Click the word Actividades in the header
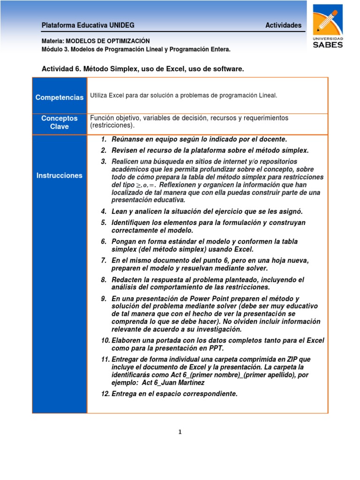pos(283,25)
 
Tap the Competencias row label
pos(59,97)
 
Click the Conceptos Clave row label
pos(59,122)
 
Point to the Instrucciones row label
pos(59,175)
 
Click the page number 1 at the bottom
pos(180,432)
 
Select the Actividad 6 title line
pos(143,69)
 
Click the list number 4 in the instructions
pos(104,211)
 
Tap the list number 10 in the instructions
pos(105,340)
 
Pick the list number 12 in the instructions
pos(105,394)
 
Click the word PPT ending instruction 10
pos(217,348)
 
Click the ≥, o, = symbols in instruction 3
pos(142,185)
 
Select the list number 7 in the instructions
pos(104,260)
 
